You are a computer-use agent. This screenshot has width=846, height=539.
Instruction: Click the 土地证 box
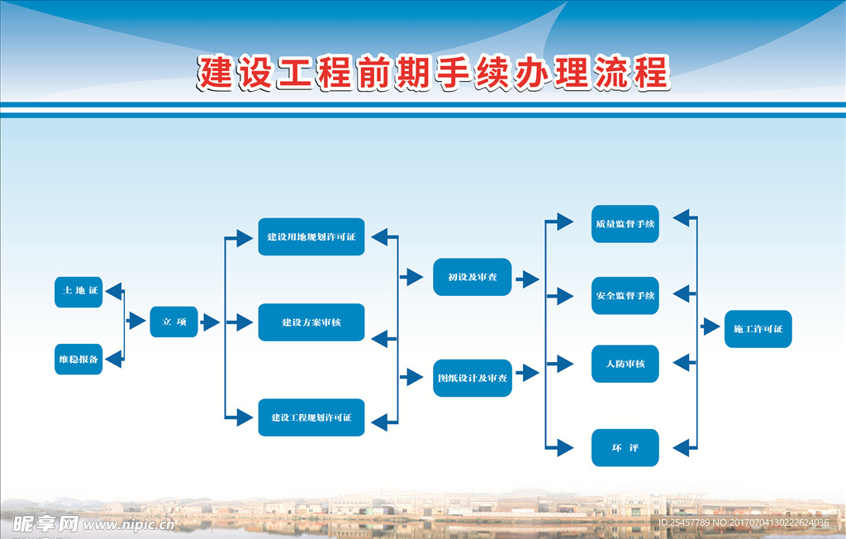click(78, 292)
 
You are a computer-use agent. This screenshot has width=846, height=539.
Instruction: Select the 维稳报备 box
click(78, 360)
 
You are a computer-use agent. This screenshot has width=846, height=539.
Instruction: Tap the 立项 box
click(173, 322)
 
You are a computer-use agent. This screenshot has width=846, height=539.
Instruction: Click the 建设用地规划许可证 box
click(311, 236)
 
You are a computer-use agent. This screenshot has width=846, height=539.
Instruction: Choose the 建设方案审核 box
click(311, 322)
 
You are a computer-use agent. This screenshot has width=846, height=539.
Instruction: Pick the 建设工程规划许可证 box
click(311, 417)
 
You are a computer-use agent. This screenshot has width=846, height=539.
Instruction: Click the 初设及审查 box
click(473, 277)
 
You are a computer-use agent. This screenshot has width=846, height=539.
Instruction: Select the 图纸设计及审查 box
click(473, 378)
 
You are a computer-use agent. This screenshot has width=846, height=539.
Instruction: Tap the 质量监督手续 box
click(625, 224)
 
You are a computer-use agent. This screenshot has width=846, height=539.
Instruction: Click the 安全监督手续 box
click(625, 295)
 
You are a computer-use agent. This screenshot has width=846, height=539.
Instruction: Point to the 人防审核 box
click(625, 364)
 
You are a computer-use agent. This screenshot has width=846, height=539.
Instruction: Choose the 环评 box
click(625, 448)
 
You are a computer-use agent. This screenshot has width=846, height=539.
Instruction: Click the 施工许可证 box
click(758, 329)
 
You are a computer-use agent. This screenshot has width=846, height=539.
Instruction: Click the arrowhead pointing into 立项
click(136, 322)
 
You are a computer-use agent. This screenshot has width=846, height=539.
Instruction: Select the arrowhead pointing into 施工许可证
click(711, 327)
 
